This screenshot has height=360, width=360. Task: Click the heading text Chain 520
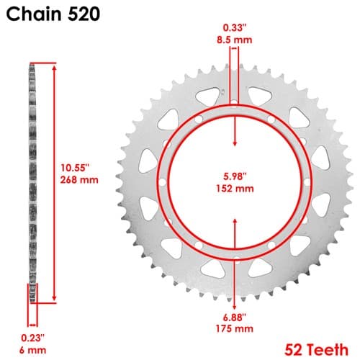pyautogui.click(x=53, y=14)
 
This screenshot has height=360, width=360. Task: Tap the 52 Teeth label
pyautogui.click(x=316, y=349)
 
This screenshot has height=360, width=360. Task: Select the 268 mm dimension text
pyautogui.click(x=79, y=180)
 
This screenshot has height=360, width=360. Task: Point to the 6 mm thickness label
pyautogui.click(x=32, y=350)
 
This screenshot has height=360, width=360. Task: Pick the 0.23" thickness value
pyautogui.click(x=32, y=338)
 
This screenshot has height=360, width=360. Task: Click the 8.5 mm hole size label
pyautogui.click(x=235, y=40)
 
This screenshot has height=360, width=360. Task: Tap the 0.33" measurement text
pyautogui.click(x=235, y=28)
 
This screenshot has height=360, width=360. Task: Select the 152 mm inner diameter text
pyautogui.click(x=235, y=189)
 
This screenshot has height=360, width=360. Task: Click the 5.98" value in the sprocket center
pyautogui.click(x=235, y=176)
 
